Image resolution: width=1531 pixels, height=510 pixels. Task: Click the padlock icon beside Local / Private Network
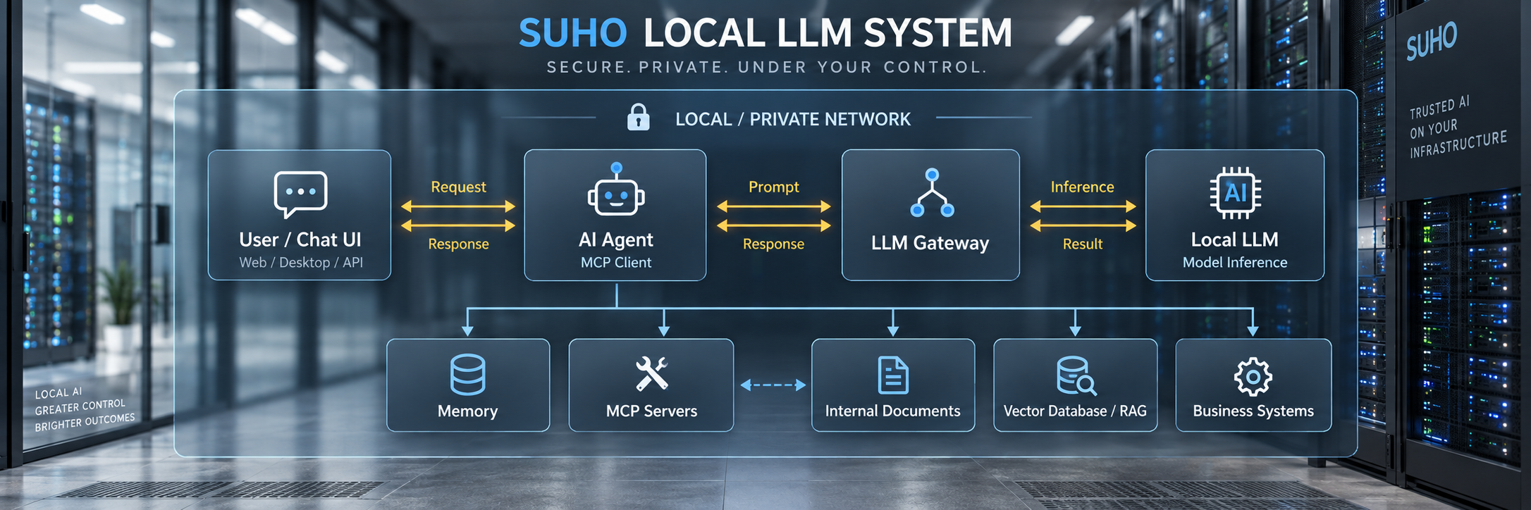coord(638,118)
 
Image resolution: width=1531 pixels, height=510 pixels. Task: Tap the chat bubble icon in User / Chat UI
coord(300,194)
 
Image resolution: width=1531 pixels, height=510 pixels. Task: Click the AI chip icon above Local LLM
coord(1235,192)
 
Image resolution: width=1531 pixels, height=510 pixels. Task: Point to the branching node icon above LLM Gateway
coord(932,192)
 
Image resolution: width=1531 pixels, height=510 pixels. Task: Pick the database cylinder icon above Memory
coord(467,374)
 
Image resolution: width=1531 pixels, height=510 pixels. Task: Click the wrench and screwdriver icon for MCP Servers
coord(651,373)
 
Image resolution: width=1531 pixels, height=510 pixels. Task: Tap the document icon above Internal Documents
coord(893,375)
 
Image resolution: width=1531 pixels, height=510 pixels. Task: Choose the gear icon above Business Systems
coord(1253,377)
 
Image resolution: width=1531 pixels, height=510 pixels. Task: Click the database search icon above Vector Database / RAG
coord(1076,375)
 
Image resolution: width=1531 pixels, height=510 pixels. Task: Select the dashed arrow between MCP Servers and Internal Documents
coord(773,385)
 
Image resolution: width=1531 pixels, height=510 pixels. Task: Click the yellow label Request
coord(458,187)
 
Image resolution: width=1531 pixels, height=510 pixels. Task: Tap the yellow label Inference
coord(1082,187)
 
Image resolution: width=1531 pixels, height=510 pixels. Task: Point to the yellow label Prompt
coord(773,187)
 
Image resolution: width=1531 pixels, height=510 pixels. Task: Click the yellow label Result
coord(1082,244)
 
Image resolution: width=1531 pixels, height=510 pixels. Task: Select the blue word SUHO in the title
coord(572,33)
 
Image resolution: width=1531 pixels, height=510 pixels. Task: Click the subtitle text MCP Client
coord(615,262)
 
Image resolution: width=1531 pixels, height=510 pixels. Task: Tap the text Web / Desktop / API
coord(301,262)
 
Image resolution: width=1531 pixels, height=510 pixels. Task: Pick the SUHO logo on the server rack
coord(1431,41)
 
